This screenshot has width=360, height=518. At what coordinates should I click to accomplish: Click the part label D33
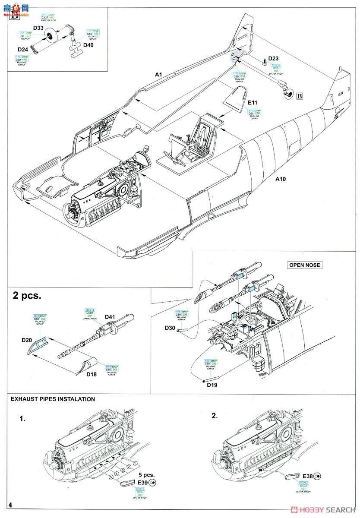tap(38, 28)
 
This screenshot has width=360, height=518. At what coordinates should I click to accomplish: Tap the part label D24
tap(23, 49)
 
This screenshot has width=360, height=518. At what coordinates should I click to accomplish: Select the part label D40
tap(88, 45)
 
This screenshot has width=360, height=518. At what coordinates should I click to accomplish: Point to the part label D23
tap(274, 59)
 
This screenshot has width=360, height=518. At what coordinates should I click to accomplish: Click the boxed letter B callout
tap(299, 96)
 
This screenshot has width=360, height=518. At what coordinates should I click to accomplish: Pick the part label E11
tap(253, 103)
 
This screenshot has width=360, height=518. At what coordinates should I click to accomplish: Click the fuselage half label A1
tap(158, 75)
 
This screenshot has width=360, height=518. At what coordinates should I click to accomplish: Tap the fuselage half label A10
tap(281, 178)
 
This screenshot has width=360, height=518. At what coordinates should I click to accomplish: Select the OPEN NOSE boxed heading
tap(305, 265)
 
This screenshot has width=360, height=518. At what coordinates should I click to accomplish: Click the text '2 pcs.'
tap(27, 296)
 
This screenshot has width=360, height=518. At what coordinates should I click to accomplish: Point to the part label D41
tap(110, 317)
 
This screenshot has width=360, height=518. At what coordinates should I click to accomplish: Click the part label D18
tap(92, 375)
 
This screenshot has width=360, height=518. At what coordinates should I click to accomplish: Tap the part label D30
tap(170, 328)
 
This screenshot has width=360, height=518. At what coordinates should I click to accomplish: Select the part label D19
tap(212, 384)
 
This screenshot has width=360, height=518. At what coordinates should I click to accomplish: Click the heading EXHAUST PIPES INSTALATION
tap(53, 399)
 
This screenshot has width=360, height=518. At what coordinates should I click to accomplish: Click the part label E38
tap(307, 475)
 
